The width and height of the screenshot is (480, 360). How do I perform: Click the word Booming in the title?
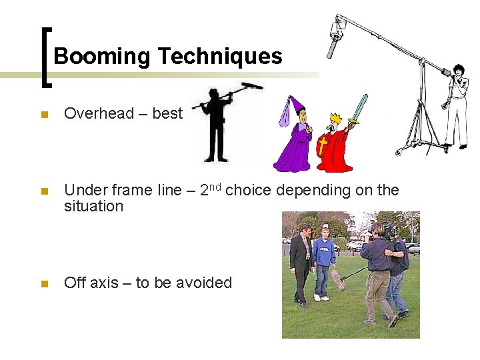click(x=103, y=57)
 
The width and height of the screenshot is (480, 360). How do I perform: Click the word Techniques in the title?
click(x=220, y=57)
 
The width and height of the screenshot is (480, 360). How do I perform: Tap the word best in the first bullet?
click(x=167, y=113)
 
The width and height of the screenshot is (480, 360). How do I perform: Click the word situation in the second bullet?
click(x=93, y=206)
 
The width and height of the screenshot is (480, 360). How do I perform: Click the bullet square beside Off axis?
click(x=44, y=284)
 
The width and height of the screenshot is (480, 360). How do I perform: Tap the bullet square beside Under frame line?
click(x=44, y=191)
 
